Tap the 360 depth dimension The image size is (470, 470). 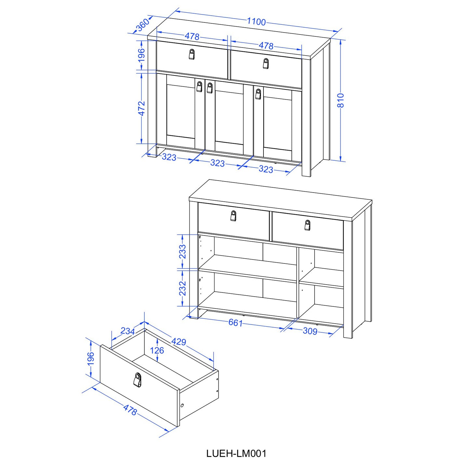click(x=142, y=25)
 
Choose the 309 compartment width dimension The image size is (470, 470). click(x=310, y=331)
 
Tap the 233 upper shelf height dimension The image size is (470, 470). click(x=182, y=251)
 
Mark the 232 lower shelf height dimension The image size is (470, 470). click(x=182, y=288)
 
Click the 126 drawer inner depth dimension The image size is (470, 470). click(x=157, y=351)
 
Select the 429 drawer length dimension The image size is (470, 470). click(x=179, y=342)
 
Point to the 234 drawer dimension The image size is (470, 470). click(x=128, y=331)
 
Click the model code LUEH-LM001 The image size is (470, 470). click(x=236, y=454)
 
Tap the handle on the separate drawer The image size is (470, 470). click(x=137, y=380)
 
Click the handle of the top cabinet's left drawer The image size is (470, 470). click(x=192, y=54)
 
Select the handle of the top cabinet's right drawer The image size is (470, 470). click(x=266, y=63)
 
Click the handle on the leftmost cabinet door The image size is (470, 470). click(x=199, y=87)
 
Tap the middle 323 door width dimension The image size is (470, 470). click(x=217, y=163)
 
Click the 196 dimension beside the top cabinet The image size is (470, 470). click(x=141, y=55)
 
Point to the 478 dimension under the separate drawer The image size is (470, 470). click(x=130, y=410)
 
